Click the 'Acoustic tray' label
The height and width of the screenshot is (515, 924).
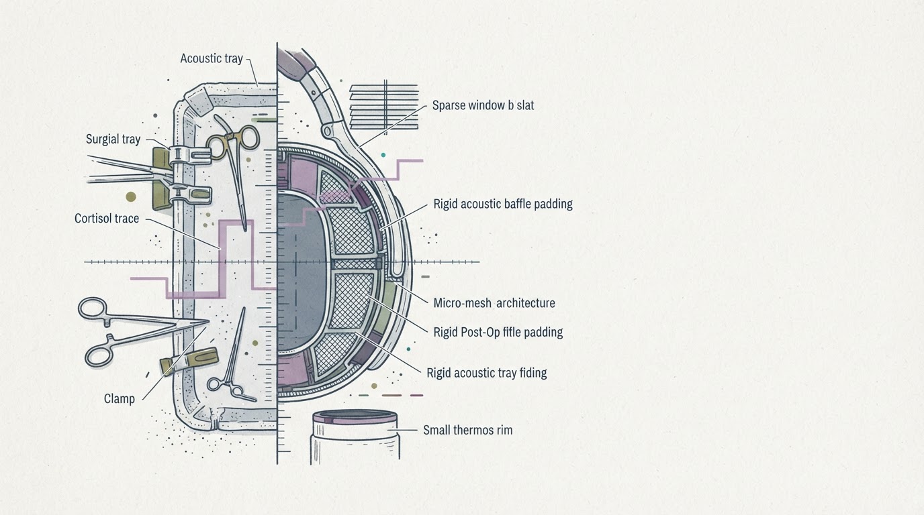point(212,58)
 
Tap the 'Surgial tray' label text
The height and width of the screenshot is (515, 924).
point(113,139)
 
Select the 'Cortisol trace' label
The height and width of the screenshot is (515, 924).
point(106,219)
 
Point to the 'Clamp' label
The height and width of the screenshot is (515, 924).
point(120,399)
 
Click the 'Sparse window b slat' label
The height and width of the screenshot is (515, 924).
point(483,105)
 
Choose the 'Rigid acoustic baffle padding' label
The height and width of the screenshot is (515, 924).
point(503,204)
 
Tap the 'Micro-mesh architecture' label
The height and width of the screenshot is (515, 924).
point(494,303)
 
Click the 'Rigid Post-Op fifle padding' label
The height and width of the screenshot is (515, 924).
point(498,332)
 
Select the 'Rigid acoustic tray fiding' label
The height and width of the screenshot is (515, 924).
point(487,373)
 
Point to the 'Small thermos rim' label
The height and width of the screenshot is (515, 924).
point(468,430)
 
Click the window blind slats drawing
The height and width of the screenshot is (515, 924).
point(384,105)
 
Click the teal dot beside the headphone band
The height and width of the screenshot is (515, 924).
point(383,155)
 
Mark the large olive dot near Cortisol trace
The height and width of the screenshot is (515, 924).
point(131,196)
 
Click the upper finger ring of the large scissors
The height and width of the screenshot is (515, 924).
point(93,308)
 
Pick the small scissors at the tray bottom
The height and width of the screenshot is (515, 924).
point(232,359)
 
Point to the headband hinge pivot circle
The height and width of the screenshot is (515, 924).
point(327,131)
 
